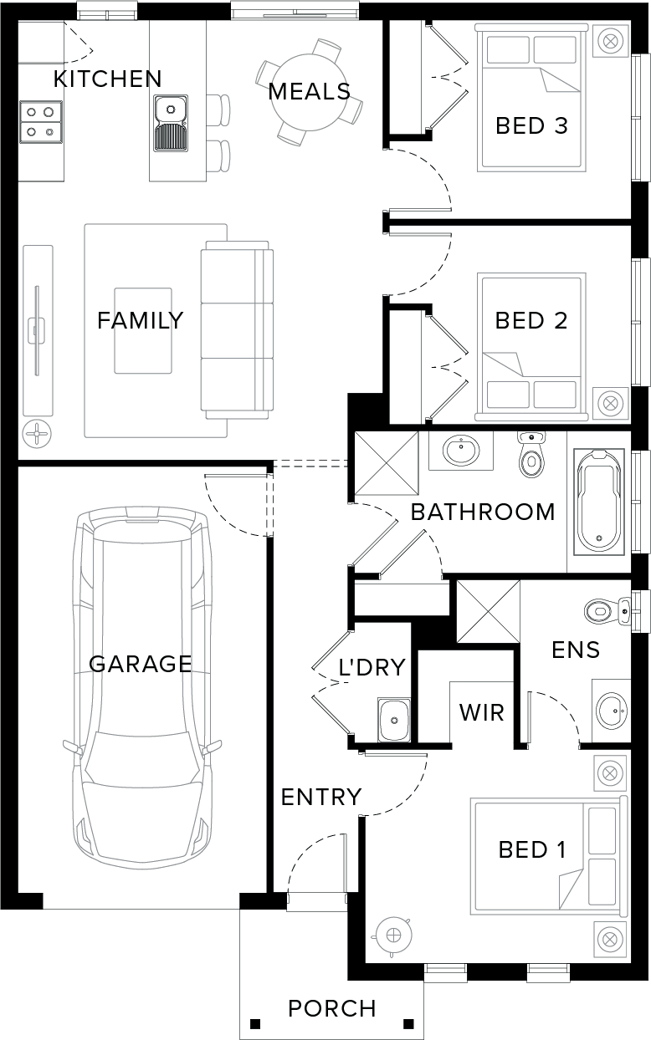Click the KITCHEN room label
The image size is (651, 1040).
pyautogui.click(x=108, y=79)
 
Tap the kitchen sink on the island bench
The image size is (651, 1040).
pyautogui.click(x=171, y=123)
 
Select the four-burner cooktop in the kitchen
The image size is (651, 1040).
pyautogui.click(x=41, y=122)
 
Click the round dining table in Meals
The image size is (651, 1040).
pyautogui.click(x=310, y=93)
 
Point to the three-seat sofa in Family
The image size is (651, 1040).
pyautogui.click(x=237, y=329)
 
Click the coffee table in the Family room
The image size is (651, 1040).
pyautogui.click(x=143, y=330)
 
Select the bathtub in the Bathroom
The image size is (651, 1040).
pyautogui.click(x=599, y=502)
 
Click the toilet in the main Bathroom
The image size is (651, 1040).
pyautogui.click(x=531, y=456)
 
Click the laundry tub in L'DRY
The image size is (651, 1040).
pyautogui.click(x=394, y=719)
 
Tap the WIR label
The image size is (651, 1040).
pyautogui.click(x=482, y=712)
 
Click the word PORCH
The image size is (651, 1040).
pyautogui.click(x=332, y=1008)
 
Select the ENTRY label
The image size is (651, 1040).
pyautogui.click(x=321, y=798)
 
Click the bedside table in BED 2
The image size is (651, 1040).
pyautogui.click(x=610, y=402)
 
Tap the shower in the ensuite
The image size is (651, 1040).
pyautogui.click(x=489, y=611)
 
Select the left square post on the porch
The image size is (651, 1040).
pyautogui.click(x=254, y=1024)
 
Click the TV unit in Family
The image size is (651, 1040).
pyautogui.click(x=38, y=330)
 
